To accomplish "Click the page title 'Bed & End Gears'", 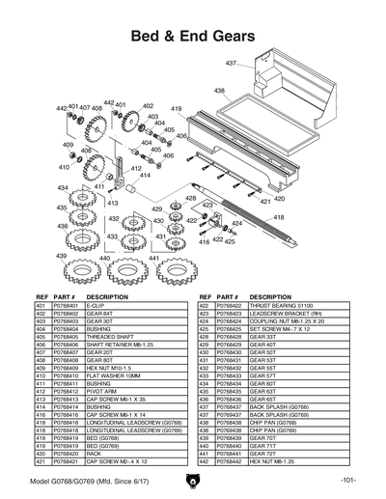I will [x=192, y=35].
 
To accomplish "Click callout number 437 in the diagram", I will [x=231, y=63].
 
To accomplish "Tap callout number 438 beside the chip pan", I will [x=219, y=91].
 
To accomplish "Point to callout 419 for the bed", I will [x=177, y=109].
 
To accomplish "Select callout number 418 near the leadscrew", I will [x=279, y=218].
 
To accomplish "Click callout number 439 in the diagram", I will [x=61, y=257].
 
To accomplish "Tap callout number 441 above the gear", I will [x=152, y=259].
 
